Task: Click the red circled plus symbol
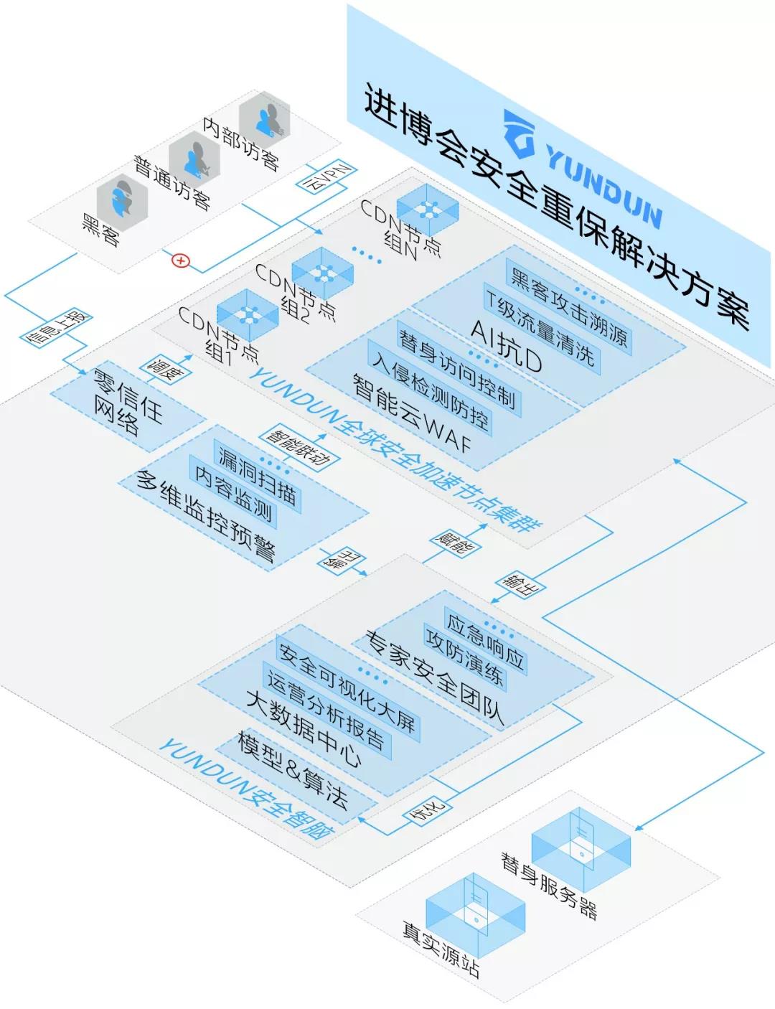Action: [181, 261]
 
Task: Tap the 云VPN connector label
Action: [327, 178]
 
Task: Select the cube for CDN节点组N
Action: [428, 210]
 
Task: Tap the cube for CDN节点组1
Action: [248, 316]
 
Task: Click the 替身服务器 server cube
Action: [581, 842]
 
